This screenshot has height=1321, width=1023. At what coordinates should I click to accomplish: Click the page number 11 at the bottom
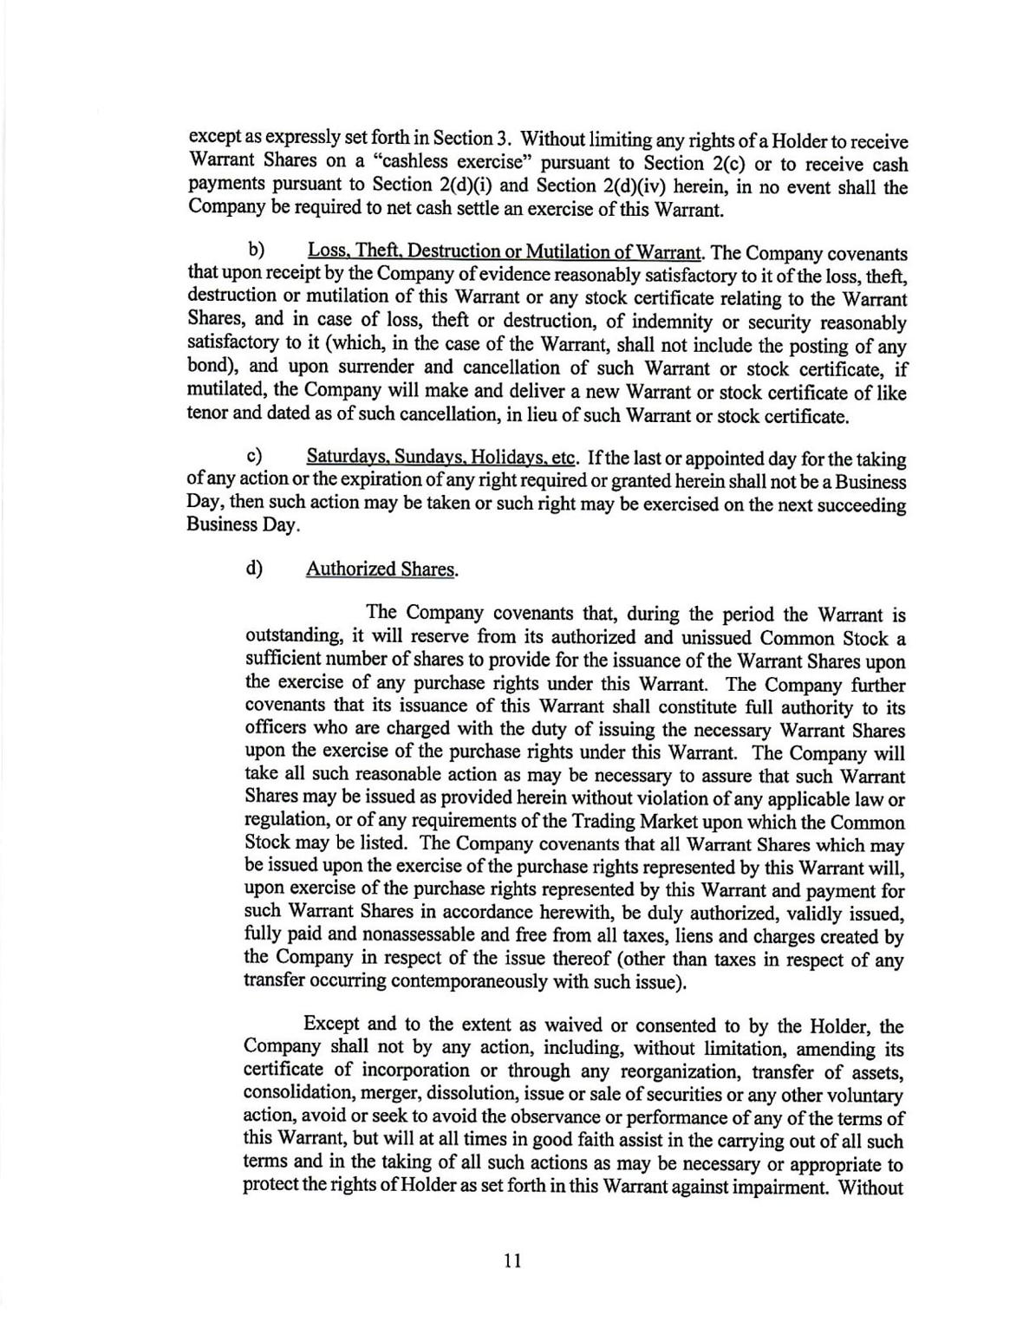point(512,1260)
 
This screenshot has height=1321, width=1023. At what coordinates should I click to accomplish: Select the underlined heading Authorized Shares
point(381,569)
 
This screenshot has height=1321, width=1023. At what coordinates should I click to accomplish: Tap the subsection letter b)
point(256,251)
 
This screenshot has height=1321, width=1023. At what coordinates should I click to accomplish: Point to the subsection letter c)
point(255,456)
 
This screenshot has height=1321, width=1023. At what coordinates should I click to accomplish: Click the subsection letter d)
point(255,569)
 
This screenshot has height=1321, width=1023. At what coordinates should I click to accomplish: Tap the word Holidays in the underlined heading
point(505,457)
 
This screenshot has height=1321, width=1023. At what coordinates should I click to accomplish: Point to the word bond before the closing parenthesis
point(205,368)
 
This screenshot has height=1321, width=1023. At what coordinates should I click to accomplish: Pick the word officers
point(277,730)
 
